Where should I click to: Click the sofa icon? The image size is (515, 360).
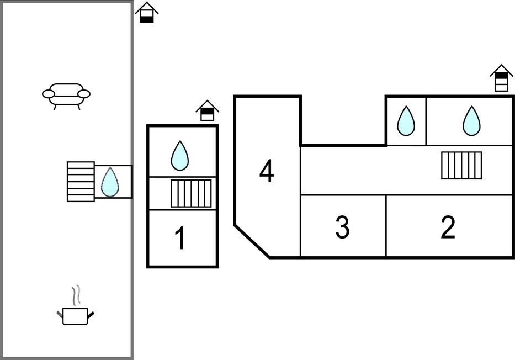[66, 94]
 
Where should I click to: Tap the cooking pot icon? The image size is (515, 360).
[75, 316]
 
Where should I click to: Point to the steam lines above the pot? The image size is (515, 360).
[78, 295]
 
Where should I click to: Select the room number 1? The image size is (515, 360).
[180, 239]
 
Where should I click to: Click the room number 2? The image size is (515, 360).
[448, 227]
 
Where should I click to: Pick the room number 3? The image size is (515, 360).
[342, 227]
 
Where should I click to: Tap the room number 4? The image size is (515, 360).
[267, 171]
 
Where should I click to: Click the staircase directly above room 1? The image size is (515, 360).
[191, 193]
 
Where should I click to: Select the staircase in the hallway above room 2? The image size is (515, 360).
[461, 165]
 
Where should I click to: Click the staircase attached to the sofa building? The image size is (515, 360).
[81, 181]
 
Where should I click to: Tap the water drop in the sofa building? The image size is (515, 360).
[110, 182]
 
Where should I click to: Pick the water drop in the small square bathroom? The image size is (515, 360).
[406, 121]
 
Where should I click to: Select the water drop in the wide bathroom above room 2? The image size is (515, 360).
[471, 121]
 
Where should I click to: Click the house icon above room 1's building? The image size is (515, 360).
[208, 110]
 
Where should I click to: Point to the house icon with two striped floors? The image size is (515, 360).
[501, 78]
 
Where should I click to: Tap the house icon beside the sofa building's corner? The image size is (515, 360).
[147, 13]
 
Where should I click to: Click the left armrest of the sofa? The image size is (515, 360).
[49, 94]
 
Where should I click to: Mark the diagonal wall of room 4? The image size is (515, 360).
[252, 241]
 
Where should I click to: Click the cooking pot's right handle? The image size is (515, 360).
[90, 315]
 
